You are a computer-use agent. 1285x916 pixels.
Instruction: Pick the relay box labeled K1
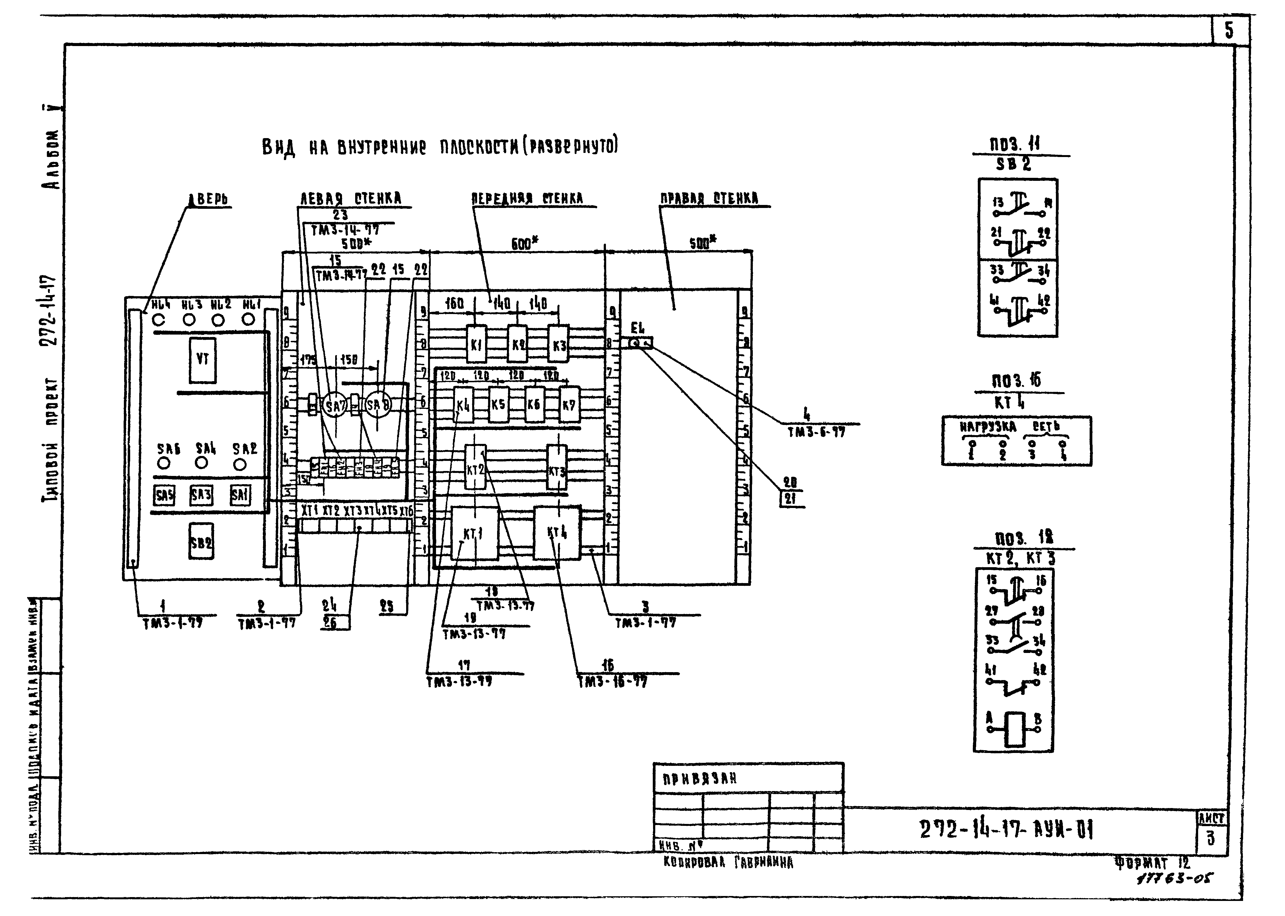coord(477,344)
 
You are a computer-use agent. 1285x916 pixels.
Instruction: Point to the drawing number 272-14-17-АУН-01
coord(1006,829)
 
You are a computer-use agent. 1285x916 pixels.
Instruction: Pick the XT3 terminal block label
coord(352,511)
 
